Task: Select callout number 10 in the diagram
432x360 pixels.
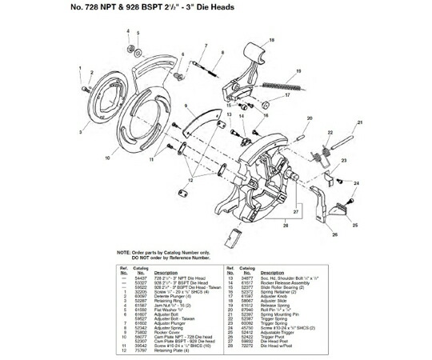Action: pos(106,158)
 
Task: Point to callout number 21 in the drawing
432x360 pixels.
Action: pos(360,122)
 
